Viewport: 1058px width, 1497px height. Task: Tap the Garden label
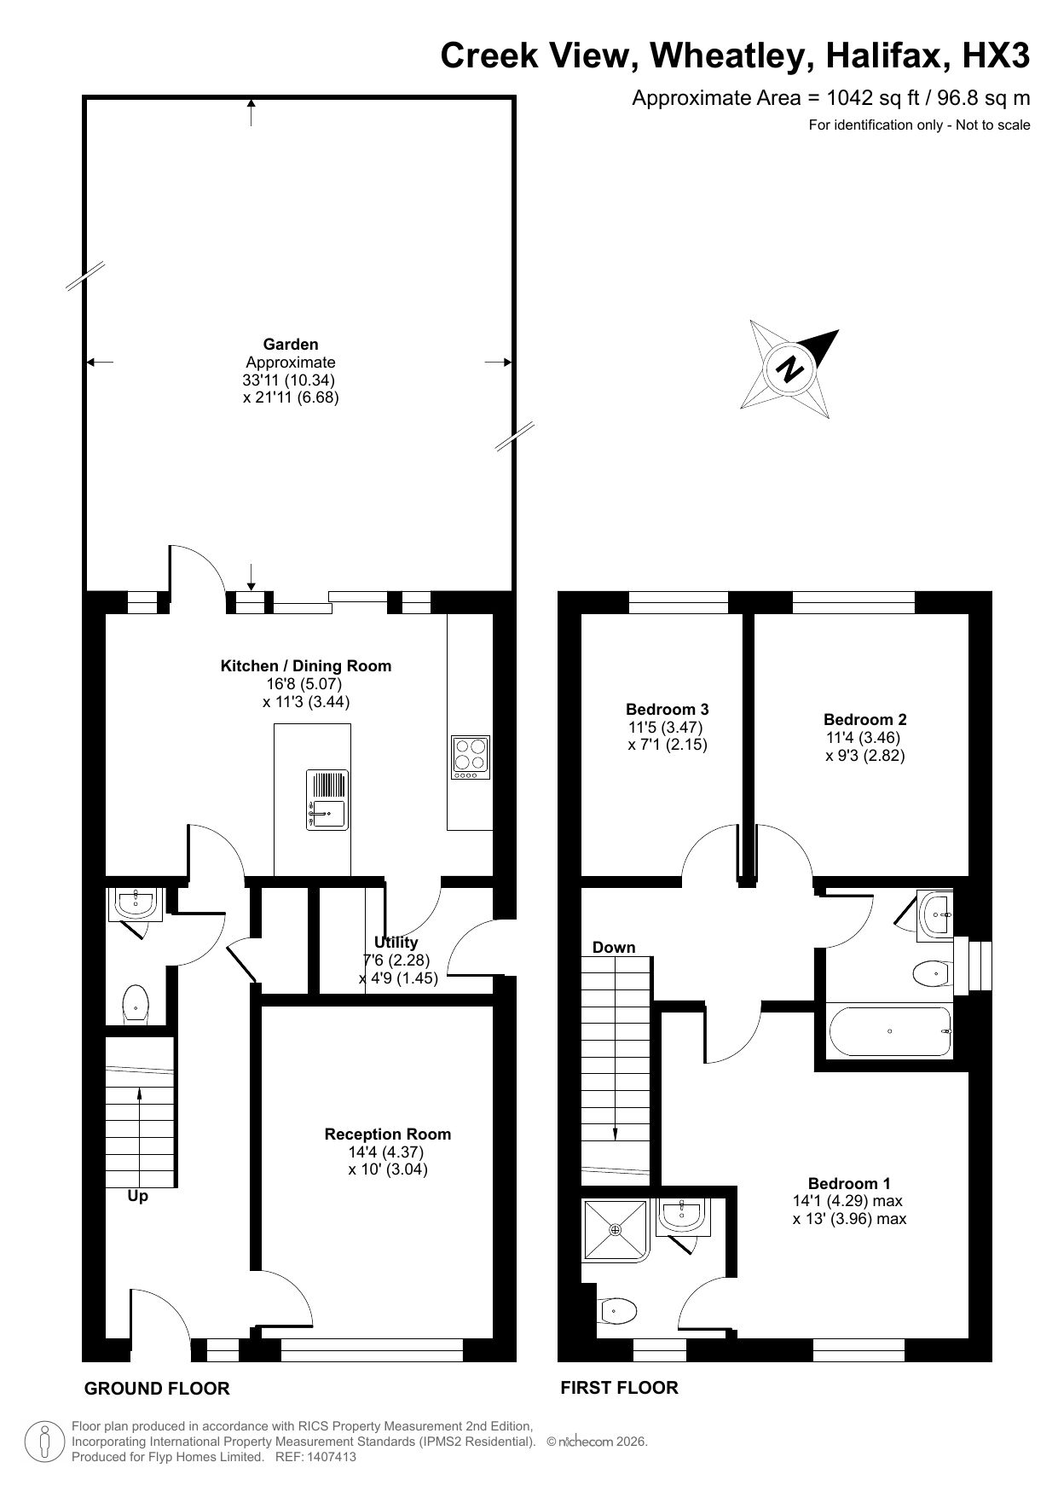(290, 345)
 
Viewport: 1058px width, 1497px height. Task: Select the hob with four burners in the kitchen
(470, 757)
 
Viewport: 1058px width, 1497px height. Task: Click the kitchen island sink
(327, 813)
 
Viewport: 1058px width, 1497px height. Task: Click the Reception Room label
(387, 1134)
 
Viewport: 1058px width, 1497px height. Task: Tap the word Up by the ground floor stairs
(137, 1197)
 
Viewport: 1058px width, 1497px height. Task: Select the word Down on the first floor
(614, 948)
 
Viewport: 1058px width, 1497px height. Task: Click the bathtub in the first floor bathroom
(890, 1031)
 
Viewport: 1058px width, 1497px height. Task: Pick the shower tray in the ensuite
(616, 1229)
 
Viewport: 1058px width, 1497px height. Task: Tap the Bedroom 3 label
(667, 709)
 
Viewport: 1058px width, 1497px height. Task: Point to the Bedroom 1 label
(849, 1183)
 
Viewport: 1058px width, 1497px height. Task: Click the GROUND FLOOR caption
(157, 1389)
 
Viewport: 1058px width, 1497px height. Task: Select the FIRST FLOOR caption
(619, 1388)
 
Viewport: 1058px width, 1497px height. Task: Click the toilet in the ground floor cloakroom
(136, 1003)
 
